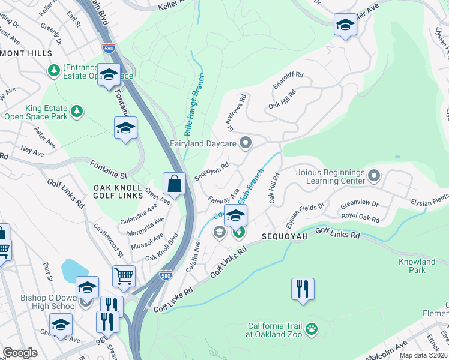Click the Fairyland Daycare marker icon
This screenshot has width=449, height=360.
245,143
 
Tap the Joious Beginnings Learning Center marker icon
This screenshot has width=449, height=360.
374,175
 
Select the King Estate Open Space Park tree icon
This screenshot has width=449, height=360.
76,110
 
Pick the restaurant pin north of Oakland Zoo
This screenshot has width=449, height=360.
303,289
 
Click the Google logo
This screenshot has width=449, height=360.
20,353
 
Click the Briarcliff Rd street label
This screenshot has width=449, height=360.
289,81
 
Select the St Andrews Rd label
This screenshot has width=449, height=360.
236,112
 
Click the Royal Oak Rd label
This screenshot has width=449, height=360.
360,218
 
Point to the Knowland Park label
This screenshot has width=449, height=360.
417,266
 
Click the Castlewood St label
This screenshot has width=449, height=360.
108,238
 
